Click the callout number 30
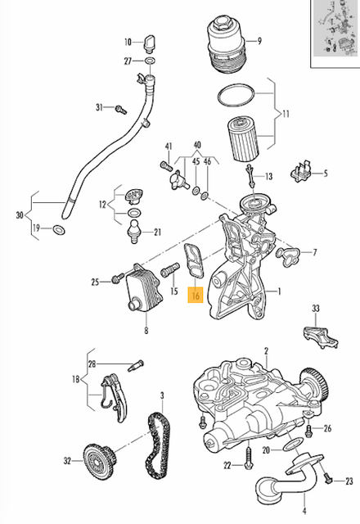coord(20,216)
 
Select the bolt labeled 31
coord(119,108)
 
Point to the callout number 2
coord(264,350)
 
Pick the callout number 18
coord(76,381)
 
